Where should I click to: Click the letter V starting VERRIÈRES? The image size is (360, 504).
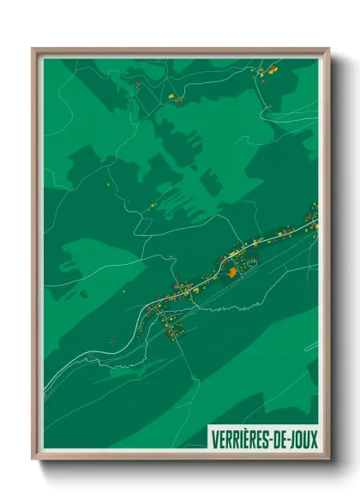214,439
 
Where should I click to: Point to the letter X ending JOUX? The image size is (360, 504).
313,439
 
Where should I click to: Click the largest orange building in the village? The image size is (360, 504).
231,273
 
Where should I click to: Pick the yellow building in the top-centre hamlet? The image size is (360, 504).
171,95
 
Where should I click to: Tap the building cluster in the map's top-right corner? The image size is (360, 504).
267,71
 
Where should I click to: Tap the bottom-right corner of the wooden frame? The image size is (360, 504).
328,459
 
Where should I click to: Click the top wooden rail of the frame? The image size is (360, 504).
180,50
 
